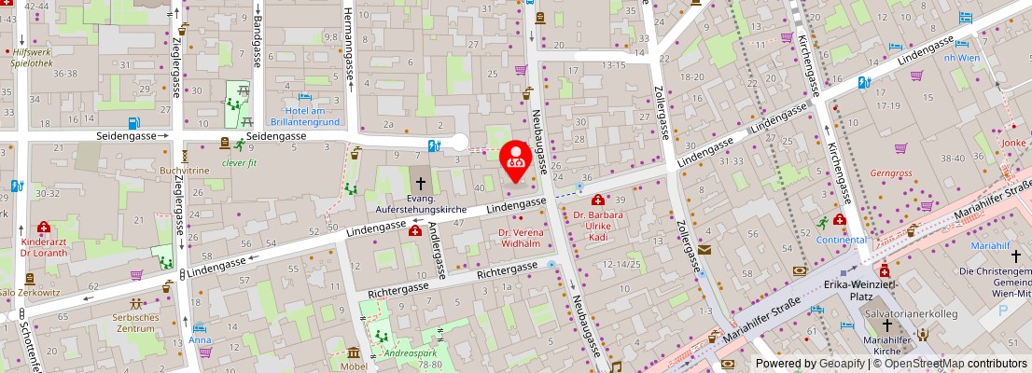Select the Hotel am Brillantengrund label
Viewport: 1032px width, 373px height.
click(304, 116)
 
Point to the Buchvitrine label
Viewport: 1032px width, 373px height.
click(185, 172)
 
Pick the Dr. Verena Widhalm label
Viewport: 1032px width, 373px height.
click(519, 238)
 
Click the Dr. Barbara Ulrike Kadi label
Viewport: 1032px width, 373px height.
click(598, 226)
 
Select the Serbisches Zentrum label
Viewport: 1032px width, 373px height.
click(135, 323)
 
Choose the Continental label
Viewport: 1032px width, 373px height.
click(841, 240)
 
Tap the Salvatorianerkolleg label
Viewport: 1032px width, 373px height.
click(911, 314)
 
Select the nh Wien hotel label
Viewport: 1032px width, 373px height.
click(961, 58)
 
